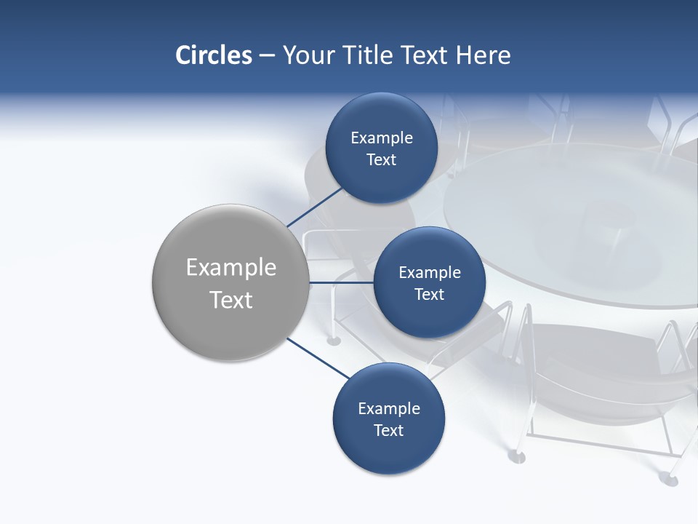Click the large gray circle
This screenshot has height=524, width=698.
[230, 283]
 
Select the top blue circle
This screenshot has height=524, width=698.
[381, 148]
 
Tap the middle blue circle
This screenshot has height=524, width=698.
[429, 283]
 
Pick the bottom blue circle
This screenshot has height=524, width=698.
[388, 419]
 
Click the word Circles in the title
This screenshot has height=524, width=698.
[214, 55]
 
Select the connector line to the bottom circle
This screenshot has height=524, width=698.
[318, 358]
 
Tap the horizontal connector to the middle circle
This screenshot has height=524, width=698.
[340, 282]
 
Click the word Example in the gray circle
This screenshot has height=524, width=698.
[231, 267]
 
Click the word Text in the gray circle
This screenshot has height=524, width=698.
[231, 300]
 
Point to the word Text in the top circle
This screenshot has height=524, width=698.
[381, 160]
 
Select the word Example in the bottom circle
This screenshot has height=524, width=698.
[388, 408]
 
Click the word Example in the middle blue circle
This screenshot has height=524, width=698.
[429, 272]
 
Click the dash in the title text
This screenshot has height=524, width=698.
[267, 56]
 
